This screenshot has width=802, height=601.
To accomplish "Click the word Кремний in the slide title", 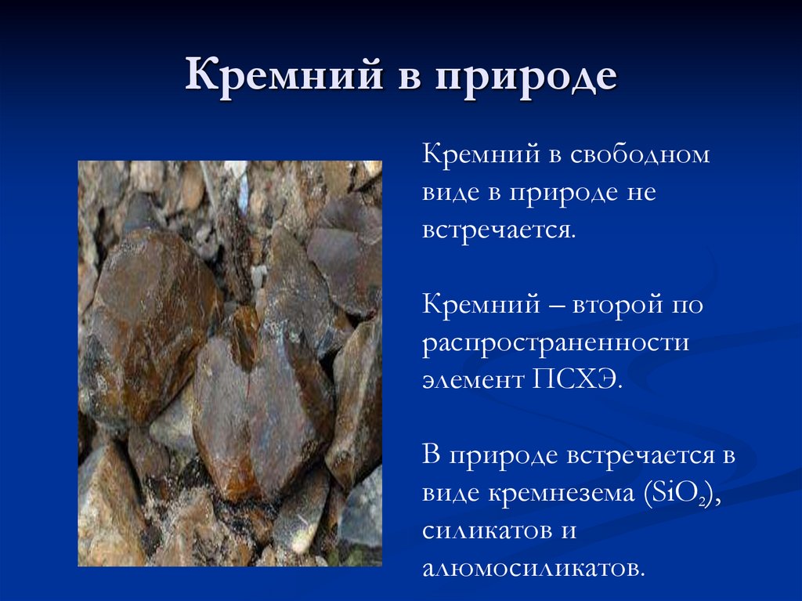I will [x=267, y=78].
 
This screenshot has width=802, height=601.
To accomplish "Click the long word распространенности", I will [x=555, y=343].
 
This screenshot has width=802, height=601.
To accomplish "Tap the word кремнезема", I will [x=563, y=493].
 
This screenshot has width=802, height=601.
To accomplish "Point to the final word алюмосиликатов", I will [x=533, y=568].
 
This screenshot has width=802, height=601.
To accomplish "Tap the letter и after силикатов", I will [x=569, y=530].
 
